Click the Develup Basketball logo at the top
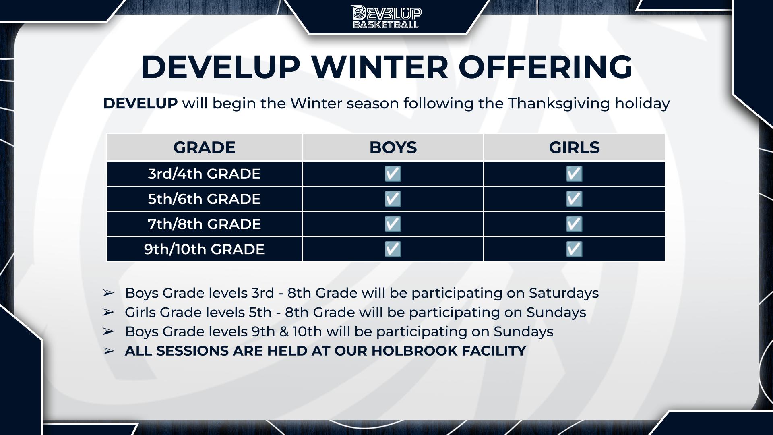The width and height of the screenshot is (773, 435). tap(386, 17)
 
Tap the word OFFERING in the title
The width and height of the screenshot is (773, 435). tap(546, 66)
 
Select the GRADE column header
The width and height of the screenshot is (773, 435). tap(204, 147)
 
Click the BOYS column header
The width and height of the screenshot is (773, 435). tap(393, 147)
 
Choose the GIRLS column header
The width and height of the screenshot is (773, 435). tap(574, 147)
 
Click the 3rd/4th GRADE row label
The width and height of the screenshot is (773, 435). tap(204, 174)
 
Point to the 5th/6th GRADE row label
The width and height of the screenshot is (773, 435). tap(204, 199)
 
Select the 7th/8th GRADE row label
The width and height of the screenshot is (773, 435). tap(204, 224)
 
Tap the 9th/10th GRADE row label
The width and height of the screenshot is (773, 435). tap(204, 249)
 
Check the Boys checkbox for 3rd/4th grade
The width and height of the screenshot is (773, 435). tap(393, 174)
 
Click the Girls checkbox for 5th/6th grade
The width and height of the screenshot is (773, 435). tap(574, 199)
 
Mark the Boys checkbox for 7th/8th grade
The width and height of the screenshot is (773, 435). tap(393, 224)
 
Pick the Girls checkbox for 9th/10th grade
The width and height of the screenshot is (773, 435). tap(574, 249)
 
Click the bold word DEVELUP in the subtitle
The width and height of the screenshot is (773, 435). tap(140, 104)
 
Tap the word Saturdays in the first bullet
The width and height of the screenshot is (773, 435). tap(564, 293)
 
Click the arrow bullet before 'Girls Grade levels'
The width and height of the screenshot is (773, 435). tap(108, 312)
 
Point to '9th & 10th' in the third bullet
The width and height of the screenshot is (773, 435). tap(287, 331)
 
